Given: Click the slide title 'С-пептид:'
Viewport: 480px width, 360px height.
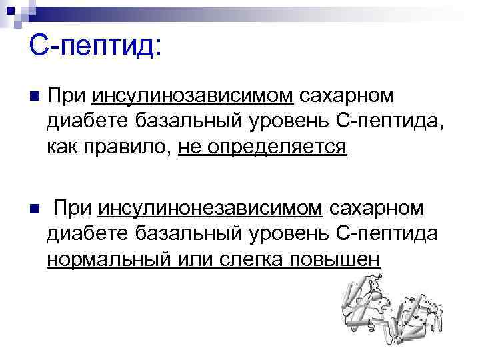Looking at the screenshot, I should point(95,47).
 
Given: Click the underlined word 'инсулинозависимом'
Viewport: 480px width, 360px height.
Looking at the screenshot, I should point(193,95).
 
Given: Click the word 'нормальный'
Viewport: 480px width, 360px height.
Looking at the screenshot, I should point(107,258).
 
